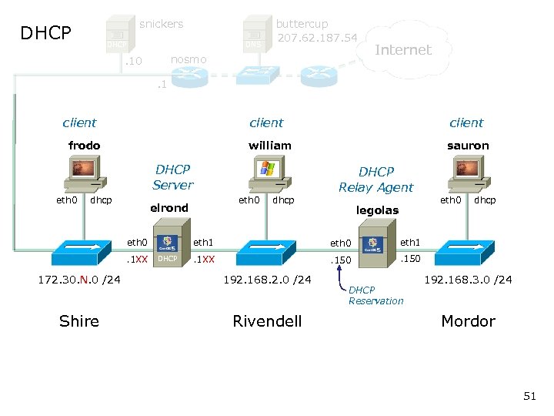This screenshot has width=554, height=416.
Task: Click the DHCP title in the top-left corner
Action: [45, 33]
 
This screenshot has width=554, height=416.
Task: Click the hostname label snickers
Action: [161, 24]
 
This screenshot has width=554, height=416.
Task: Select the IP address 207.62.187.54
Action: [317, 38]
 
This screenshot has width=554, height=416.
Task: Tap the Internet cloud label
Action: [402, 50]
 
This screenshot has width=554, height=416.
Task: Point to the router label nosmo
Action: [189, 59]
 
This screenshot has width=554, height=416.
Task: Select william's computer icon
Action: [266, 173]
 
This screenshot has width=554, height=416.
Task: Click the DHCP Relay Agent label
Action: [375, 179]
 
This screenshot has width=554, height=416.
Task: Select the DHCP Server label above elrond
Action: [172, 176]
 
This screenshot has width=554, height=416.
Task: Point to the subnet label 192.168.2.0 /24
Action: [267, 279]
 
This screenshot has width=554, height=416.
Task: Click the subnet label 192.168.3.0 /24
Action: [469, 279]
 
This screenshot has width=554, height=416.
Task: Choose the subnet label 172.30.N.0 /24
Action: [79, 279]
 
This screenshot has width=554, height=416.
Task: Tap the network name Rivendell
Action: [267, 321]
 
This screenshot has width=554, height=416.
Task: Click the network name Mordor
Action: [468, 321]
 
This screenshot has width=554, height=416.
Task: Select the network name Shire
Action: [79, 321]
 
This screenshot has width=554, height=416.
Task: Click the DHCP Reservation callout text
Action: [375, 295]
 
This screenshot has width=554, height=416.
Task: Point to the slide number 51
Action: [529, 396]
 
